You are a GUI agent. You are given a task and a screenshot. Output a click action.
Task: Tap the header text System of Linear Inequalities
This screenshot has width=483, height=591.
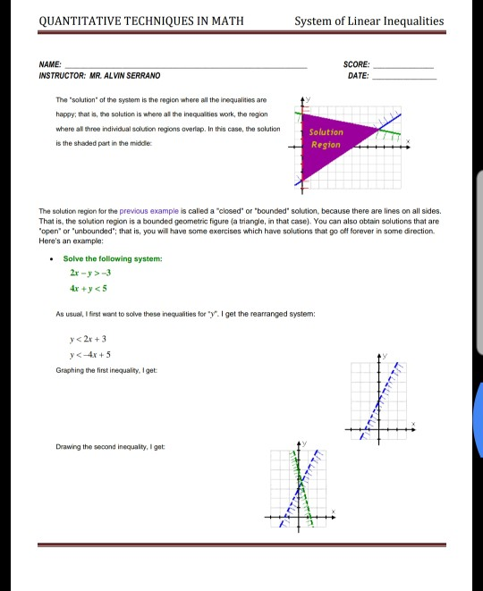tap(369, 21)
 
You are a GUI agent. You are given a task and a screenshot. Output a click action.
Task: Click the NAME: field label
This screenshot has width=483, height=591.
tap(51, 65)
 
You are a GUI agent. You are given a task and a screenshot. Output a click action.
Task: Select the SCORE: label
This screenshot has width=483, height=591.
tap(355, 65)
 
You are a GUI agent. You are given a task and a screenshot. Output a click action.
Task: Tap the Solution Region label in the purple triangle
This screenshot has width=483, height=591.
tap(325, 138)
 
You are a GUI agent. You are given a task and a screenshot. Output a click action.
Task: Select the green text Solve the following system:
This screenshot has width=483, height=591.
tap(113, 258)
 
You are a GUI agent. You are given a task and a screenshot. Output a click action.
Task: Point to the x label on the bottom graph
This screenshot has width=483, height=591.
tap(335, 512)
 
